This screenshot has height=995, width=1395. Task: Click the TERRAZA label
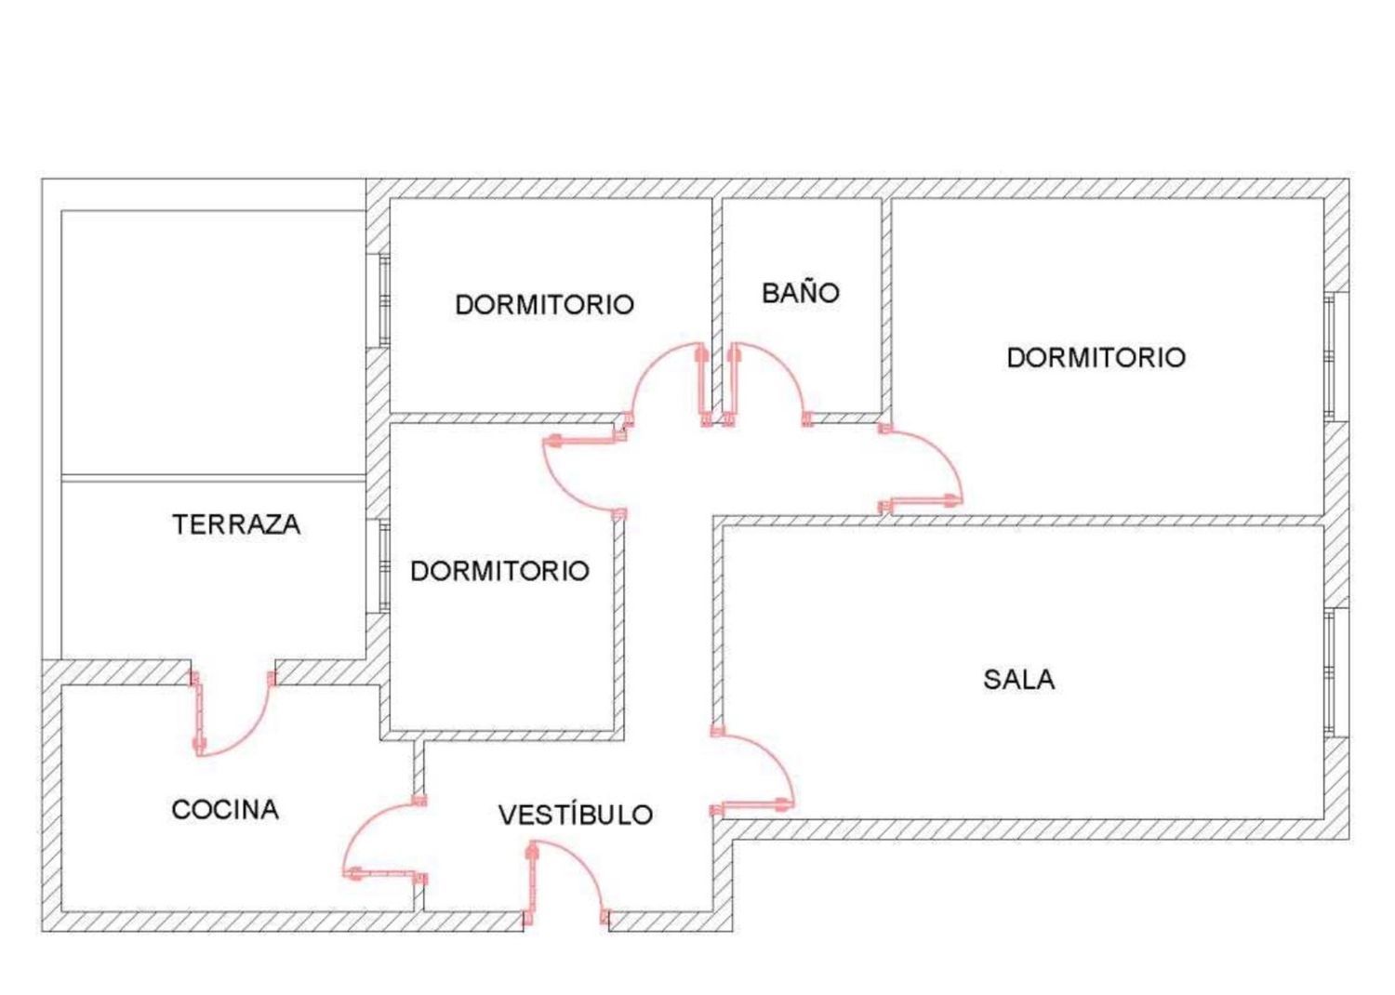coord(236,524)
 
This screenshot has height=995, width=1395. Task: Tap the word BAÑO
coord(800,292)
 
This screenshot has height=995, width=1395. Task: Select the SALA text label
coord(1019,680)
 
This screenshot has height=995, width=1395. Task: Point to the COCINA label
coord(225,809)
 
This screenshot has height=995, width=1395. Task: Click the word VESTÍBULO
coord(576,815)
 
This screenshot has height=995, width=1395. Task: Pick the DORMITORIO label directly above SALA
coord(1096,357)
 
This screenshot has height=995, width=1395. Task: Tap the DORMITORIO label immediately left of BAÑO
coord(544,304)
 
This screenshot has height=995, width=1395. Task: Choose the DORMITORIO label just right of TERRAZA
coord(499,571)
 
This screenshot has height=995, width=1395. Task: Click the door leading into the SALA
coord(753,772)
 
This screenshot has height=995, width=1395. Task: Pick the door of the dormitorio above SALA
coord(921,467)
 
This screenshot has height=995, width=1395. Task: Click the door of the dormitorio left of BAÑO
coord(667,384)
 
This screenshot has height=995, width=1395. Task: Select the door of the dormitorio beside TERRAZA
coord(585,476)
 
